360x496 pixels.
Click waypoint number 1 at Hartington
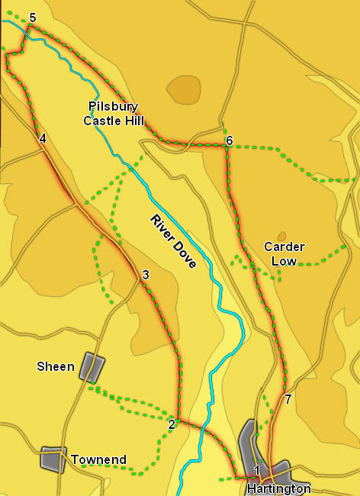point(257,470)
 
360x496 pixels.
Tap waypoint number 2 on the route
point(172,424)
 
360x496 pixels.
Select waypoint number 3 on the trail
point(145,275)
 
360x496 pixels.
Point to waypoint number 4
point(43,138)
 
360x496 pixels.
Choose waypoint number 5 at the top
point(32,18)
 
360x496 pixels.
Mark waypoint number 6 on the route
point(229,140)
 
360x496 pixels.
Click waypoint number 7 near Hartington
point(288,398)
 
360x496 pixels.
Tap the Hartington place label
point(279,488)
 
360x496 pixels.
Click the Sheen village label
point(56,367)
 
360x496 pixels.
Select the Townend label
point(98,460)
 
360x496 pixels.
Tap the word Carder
point(284,246)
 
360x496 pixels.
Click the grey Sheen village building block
point(92,366)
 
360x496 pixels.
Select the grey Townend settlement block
point(53,459)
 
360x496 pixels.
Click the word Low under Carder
point(284,260)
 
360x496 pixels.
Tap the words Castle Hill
point(114,120)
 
